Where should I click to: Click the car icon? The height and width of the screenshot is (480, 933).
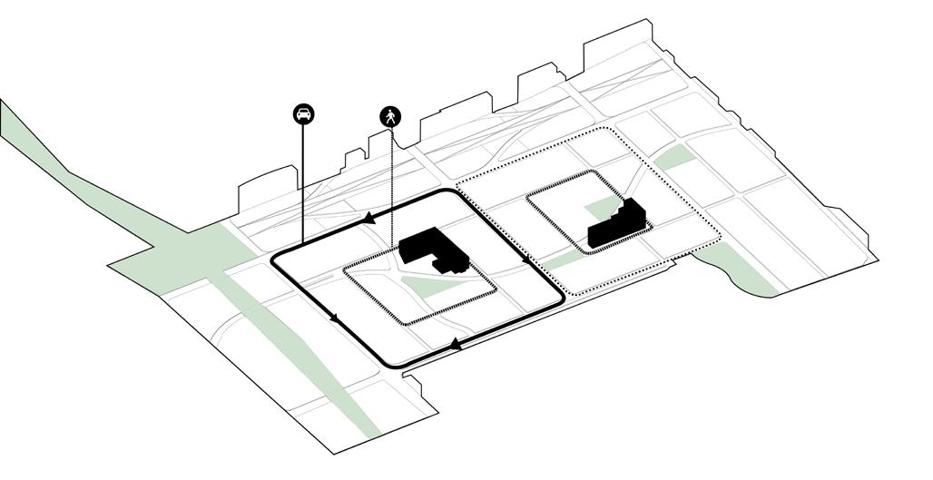click(303, 114)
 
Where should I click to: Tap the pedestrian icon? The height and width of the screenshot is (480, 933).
click(390, 116)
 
